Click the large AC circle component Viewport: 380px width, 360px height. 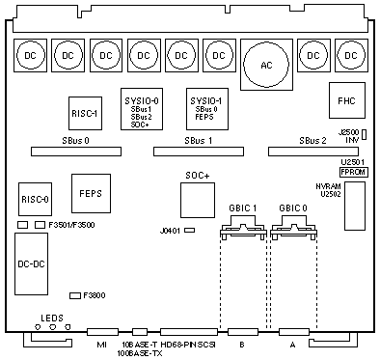click(266, 65)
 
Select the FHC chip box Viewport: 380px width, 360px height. click(347, 100)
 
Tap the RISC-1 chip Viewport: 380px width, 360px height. click(85, 113)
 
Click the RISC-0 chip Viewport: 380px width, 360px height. click(35, 199)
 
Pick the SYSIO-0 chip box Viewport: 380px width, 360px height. click(142, 109)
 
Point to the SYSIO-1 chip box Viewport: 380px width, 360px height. click(207, 109)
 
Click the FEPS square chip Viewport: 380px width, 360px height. click(91, 193)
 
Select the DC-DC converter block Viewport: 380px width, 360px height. click(31, 263)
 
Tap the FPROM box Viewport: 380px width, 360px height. click(354, 172)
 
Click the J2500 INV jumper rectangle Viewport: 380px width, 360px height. click(364, 134)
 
